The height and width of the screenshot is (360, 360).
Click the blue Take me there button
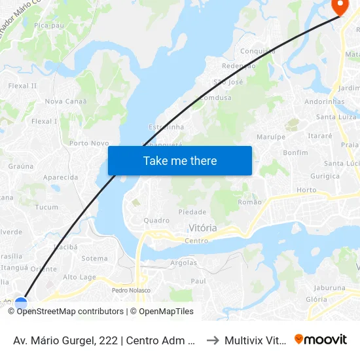tap(180, 160)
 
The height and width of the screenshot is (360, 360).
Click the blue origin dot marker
tap(21, 304)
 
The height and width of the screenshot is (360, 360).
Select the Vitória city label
tap(203, 228)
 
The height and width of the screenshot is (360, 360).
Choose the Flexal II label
tap(22, 86)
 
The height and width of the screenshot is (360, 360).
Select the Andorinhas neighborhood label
tap(324, 102)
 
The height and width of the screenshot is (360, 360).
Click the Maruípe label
tap(272, 137)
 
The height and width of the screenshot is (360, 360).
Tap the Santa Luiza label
tap(335, 117)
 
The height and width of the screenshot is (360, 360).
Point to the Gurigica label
tap(325, 176)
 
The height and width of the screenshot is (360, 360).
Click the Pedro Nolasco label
tap(131, 290)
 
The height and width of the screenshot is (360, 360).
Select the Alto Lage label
tap(79, 278)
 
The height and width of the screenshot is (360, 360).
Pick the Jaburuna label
tap(329, 287)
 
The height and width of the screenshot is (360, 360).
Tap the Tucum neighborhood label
tap(46, 207)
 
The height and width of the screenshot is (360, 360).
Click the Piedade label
tap(192, 212)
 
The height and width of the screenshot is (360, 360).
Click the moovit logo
tap(321, 340)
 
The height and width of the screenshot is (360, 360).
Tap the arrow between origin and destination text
tap(213, 340)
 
